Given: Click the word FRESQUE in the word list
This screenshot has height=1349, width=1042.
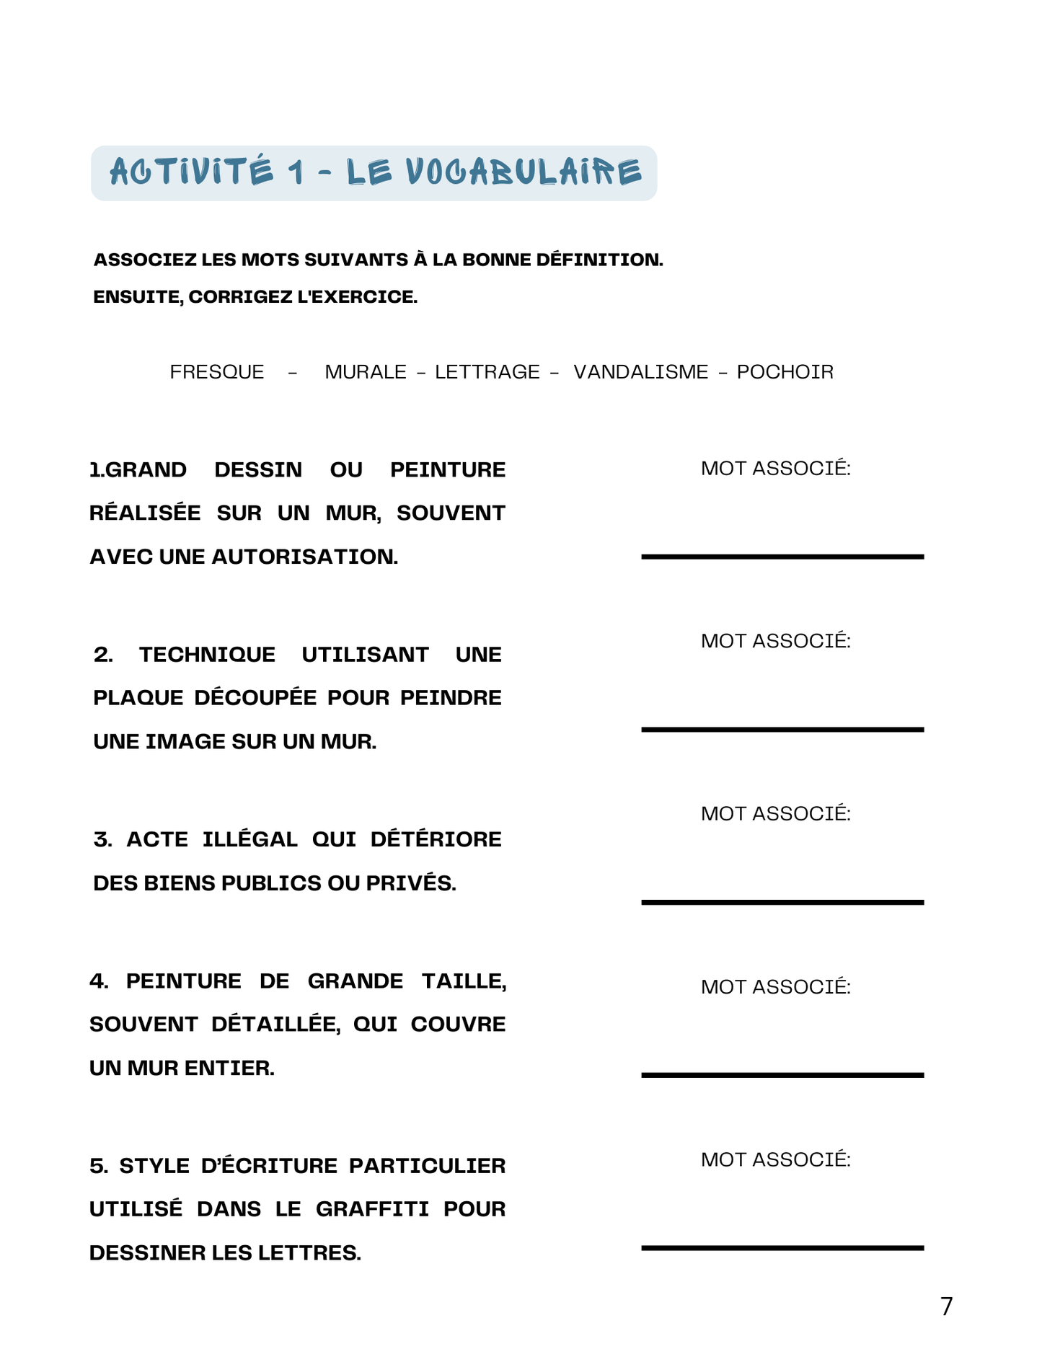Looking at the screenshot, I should pos(216,372).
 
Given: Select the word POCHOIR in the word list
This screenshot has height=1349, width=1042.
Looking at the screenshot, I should pos(785,372).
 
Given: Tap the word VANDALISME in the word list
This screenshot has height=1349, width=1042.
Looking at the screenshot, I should pos(640,372).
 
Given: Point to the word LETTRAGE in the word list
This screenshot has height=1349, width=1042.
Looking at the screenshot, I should pos(487,372).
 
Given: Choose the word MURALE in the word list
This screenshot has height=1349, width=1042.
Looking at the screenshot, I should pos(366,372).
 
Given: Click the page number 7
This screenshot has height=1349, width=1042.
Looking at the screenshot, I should pos(946,1306).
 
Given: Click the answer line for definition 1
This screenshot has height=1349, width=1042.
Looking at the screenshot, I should pos(782,556).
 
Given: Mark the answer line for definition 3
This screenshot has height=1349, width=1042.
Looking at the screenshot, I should pos(782,901).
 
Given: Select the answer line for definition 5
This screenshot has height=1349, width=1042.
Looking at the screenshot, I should pos(782,1247).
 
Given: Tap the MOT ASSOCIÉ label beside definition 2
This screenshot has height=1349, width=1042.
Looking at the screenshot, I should pos(776,641).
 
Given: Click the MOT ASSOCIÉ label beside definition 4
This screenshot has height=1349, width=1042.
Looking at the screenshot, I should pos(776,987).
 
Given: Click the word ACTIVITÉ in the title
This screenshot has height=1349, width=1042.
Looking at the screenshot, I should pos(192,173).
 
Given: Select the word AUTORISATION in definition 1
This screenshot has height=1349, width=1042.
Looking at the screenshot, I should pos(304,557).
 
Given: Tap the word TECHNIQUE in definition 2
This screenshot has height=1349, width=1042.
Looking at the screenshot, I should pos(207,655).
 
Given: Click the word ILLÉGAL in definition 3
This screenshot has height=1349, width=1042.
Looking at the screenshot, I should pos(250,839).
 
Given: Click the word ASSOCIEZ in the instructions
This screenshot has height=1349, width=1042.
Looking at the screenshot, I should pos(145,260).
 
